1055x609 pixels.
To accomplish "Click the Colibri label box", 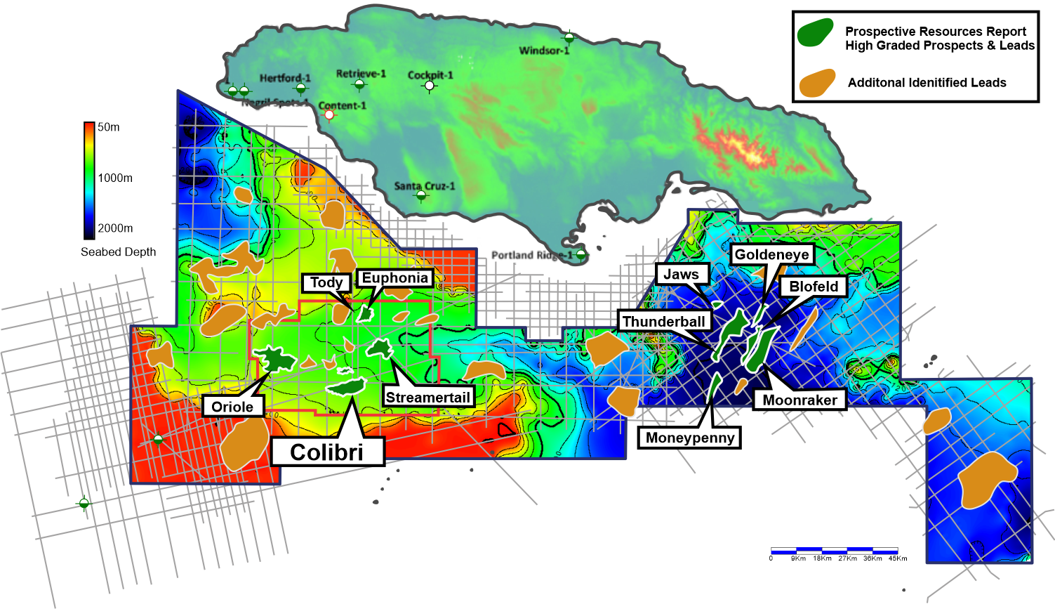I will click(327, 452).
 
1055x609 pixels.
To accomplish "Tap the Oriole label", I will click(232, 407).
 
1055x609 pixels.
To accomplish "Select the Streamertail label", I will click(427, 397).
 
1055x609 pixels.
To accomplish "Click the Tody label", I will click(326, 282).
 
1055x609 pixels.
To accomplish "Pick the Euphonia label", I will click(394, 277).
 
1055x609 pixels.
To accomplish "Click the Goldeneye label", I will click(771, 254).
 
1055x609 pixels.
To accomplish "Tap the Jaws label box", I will click(682, 274).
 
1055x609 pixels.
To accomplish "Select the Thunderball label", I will click(663, 321).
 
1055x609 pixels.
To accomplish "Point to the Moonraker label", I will click(799, 400).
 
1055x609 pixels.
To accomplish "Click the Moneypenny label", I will click(689, 438).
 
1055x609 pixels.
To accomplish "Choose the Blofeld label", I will click(814, 286).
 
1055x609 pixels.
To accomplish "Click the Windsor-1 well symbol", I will click(569, 37).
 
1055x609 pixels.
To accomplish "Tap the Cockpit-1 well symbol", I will click(430, 86).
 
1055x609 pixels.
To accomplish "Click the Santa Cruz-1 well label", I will click(424, 185).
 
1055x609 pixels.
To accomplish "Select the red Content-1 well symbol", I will click(329, 114).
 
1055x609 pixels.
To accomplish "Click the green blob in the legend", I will click(815, 33).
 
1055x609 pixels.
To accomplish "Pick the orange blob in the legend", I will click(817, 83).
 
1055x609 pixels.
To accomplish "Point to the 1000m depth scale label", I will click(114, 178).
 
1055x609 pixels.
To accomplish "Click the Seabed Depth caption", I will click(118, 251).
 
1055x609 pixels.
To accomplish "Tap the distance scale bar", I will click(834, 551).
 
